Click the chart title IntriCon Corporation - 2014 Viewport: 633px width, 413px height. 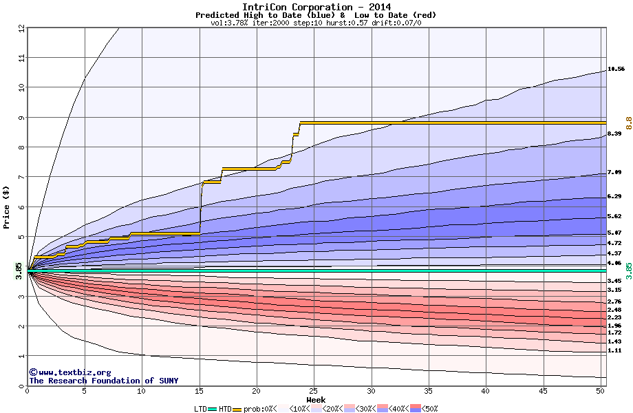pyautogui.click(x=316, y=7)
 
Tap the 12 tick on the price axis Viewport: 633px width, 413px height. pyautogui.click(x=21, y=28)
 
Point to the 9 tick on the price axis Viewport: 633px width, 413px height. pyautogui.click(x=21, y=118)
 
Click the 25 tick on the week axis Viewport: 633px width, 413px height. pyautogui.click(x=314, y=392)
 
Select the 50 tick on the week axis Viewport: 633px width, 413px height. pyautogui.click(x=600, y=392)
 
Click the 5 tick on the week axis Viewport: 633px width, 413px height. pyautogui.click(x=84, y=392)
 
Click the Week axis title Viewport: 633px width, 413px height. pyautogui.click(x=316, y=400)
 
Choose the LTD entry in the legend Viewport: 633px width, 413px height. pyautogui.click(x=202, y=409)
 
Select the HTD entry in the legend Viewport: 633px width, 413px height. pyautogui.click(x=225, y=409)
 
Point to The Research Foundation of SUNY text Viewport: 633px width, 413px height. pyautogui.click(x=103, y=381)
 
